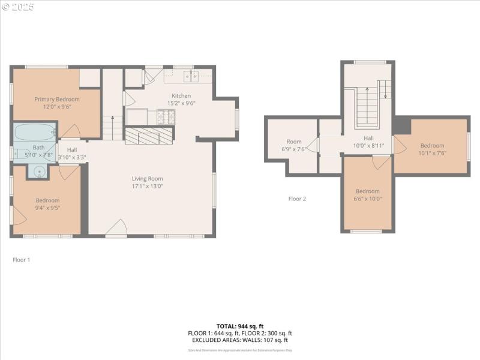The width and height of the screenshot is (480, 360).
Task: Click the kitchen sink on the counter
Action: click(191, 76)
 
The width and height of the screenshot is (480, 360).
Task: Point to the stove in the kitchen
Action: click(166, 116)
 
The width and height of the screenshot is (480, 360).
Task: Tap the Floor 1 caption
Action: click(21, 260)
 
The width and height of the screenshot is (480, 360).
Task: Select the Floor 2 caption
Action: click(297, 199)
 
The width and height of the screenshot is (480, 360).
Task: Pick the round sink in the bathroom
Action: click(40, 172)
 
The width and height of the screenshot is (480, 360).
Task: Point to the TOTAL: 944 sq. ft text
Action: click(240, 326)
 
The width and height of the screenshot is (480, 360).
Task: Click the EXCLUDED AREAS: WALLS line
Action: click(240, 341)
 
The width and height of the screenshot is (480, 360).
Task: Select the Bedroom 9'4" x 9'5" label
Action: click(47, 204)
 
